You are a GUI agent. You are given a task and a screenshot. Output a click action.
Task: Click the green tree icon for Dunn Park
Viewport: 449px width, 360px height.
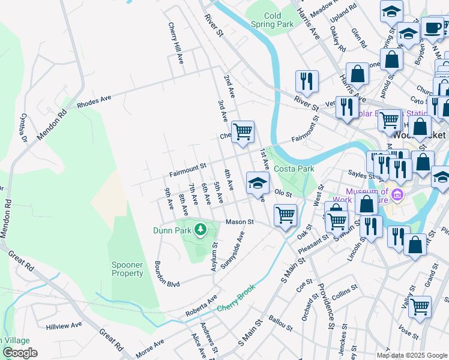click(x=199, y=229)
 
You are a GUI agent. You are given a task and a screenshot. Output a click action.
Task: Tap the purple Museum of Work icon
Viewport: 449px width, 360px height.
click(x=397, y=196)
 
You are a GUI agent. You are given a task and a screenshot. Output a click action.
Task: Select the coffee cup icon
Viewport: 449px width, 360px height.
click(x=432, y=28)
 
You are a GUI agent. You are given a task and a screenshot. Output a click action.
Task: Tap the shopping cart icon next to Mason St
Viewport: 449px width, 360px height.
click(x=285, y=214)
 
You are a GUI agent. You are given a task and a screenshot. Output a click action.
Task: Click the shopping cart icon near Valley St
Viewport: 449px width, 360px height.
click(x=420, y=307)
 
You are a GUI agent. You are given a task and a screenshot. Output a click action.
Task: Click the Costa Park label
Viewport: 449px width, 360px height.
click(x=294, y=169)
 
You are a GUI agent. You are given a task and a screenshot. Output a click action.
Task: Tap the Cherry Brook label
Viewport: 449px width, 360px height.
click(x=237, y=298)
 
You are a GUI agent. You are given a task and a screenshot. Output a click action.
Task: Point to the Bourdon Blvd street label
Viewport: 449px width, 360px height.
click(x=167, y=275)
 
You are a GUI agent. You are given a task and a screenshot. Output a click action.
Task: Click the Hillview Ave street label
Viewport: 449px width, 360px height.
click(x=64, y=326)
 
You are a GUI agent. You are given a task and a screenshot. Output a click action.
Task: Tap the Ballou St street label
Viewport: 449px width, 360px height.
click(x=280, y=325)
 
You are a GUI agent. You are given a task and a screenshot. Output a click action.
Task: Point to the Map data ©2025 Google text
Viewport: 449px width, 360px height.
click(x=412, y=355)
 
